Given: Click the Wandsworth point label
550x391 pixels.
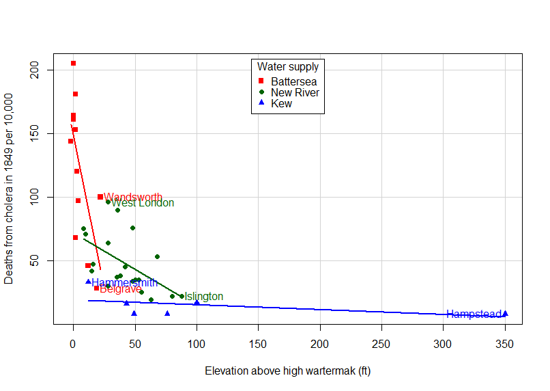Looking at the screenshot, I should (x=133, y=198).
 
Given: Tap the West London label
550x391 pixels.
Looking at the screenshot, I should (x=143, y=203).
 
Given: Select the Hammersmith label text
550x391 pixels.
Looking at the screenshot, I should (x=124, y=283).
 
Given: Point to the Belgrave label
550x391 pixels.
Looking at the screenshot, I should (x=120, y=289).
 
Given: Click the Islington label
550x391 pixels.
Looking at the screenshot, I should (x=203, y=297).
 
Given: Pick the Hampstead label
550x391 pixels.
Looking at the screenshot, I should (x=474, y=314).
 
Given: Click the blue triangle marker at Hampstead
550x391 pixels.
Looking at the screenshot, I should (x=505, y=314).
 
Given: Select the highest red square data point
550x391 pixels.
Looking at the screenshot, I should (x=73, y=64).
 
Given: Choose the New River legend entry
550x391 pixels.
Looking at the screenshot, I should (x=295, y=93).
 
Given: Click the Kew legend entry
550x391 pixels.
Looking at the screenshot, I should (x=281, y=104).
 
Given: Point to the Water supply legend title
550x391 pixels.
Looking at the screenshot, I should (x=288, y=67).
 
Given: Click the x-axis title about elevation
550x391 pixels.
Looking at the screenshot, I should (x=287, y=371).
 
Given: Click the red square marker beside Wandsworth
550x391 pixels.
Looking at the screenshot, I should (x=100, y=197).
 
